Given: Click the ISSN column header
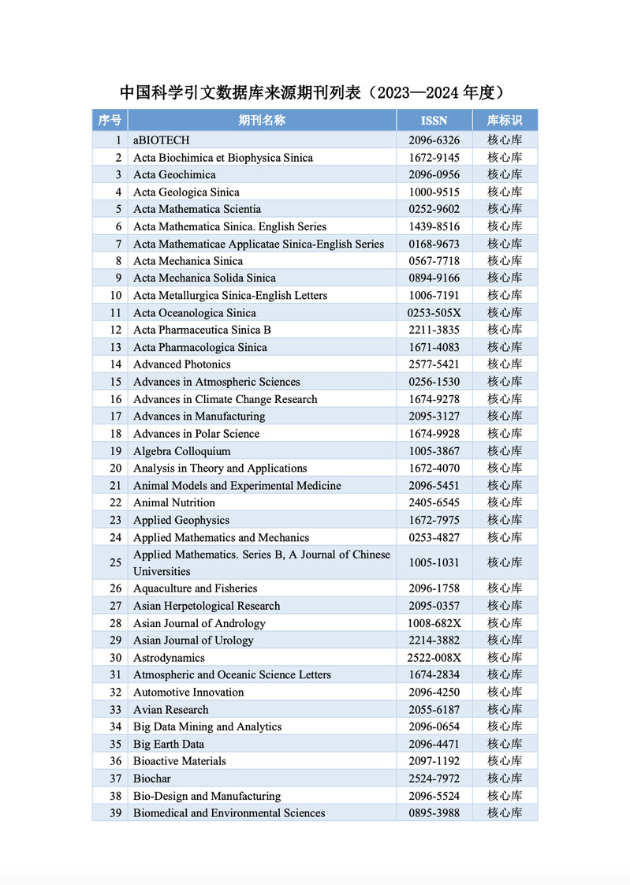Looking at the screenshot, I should click(x=434, y=120).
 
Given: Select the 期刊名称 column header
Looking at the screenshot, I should click(x=262, y=120).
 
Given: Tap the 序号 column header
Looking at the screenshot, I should click(x=110, y=120).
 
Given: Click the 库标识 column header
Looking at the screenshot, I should click(x=505, y=120).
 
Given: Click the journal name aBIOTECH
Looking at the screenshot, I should click(x=161, y=140).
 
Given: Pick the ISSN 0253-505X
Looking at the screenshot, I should click(x=434, y=313).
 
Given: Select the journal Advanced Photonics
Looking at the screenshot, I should click(x=181, y=364).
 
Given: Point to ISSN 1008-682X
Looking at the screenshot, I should click(x=434, y=623).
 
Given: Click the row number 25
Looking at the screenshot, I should click(x=115, y=562).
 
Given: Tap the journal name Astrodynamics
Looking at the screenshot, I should click(x=169, y=658).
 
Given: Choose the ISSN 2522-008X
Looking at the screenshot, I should click(x=434, y=658).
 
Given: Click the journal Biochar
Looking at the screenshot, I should click(x=151, y=779).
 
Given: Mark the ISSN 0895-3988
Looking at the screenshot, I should click(x=434, y=813).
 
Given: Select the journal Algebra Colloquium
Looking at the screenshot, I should click(x=181, y=451).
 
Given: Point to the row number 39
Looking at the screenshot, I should click(x=115, y=813).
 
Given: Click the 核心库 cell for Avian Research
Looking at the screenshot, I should click(x=505, y=710).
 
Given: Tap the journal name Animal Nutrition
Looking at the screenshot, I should click(x=173, y=502).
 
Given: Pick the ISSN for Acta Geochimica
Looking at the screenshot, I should click(x=434, y=175).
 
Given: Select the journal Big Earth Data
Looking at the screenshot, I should click(x=168, y=744).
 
